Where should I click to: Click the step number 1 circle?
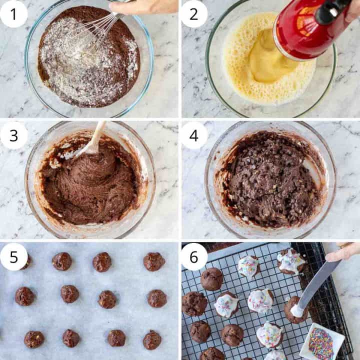pyautogui.click(x=13, y=13)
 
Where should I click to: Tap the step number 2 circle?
pyautogui.click(x=193, y=13)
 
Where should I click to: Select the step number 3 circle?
pyautogui.click(x=13, y=135)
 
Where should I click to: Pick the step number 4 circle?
pyautogui.click(x=193, y=135)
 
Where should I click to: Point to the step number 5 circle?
pyautogui.click(x=13, y=256)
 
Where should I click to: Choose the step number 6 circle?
pyautogui.click(x=193, y=256)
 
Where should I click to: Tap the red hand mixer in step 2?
pyautogui.click(x=305, y=30)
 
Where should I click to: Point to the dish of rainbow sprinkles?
pyautogui.click(x=321, y=342)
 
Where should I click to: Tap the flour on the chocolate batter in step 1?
pyautogui.click(x=75, y=60)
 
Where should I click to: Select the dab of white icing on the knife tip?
pyautogui.click(x=297, y=311)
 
